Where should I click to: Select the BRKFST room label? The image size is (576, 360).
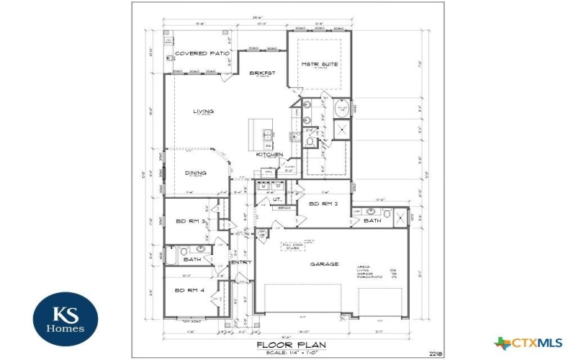[x=263, y=73]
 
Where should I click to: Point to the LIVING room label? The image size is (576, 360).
[x=204, y=112]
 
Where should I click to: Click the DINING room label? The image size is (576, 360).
[x=195, y=173]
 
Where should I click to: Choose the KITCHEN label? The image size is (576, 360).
[x=270, y=154]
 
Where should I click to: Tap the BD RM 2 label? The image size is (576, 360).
[x=323, y=204]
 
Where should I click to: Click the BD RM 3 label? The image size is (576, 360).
[x=192, y=221]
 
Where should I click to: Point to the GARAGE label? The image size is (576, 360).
[x=324, y=264]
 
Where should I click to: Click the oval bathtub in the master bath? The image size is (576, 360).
[x=342, y=109]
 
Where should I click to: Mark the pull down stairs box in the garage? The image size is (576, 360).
[x=292, y=247]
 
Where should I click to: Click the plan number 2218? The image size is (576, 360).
[x=435, y=353]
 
